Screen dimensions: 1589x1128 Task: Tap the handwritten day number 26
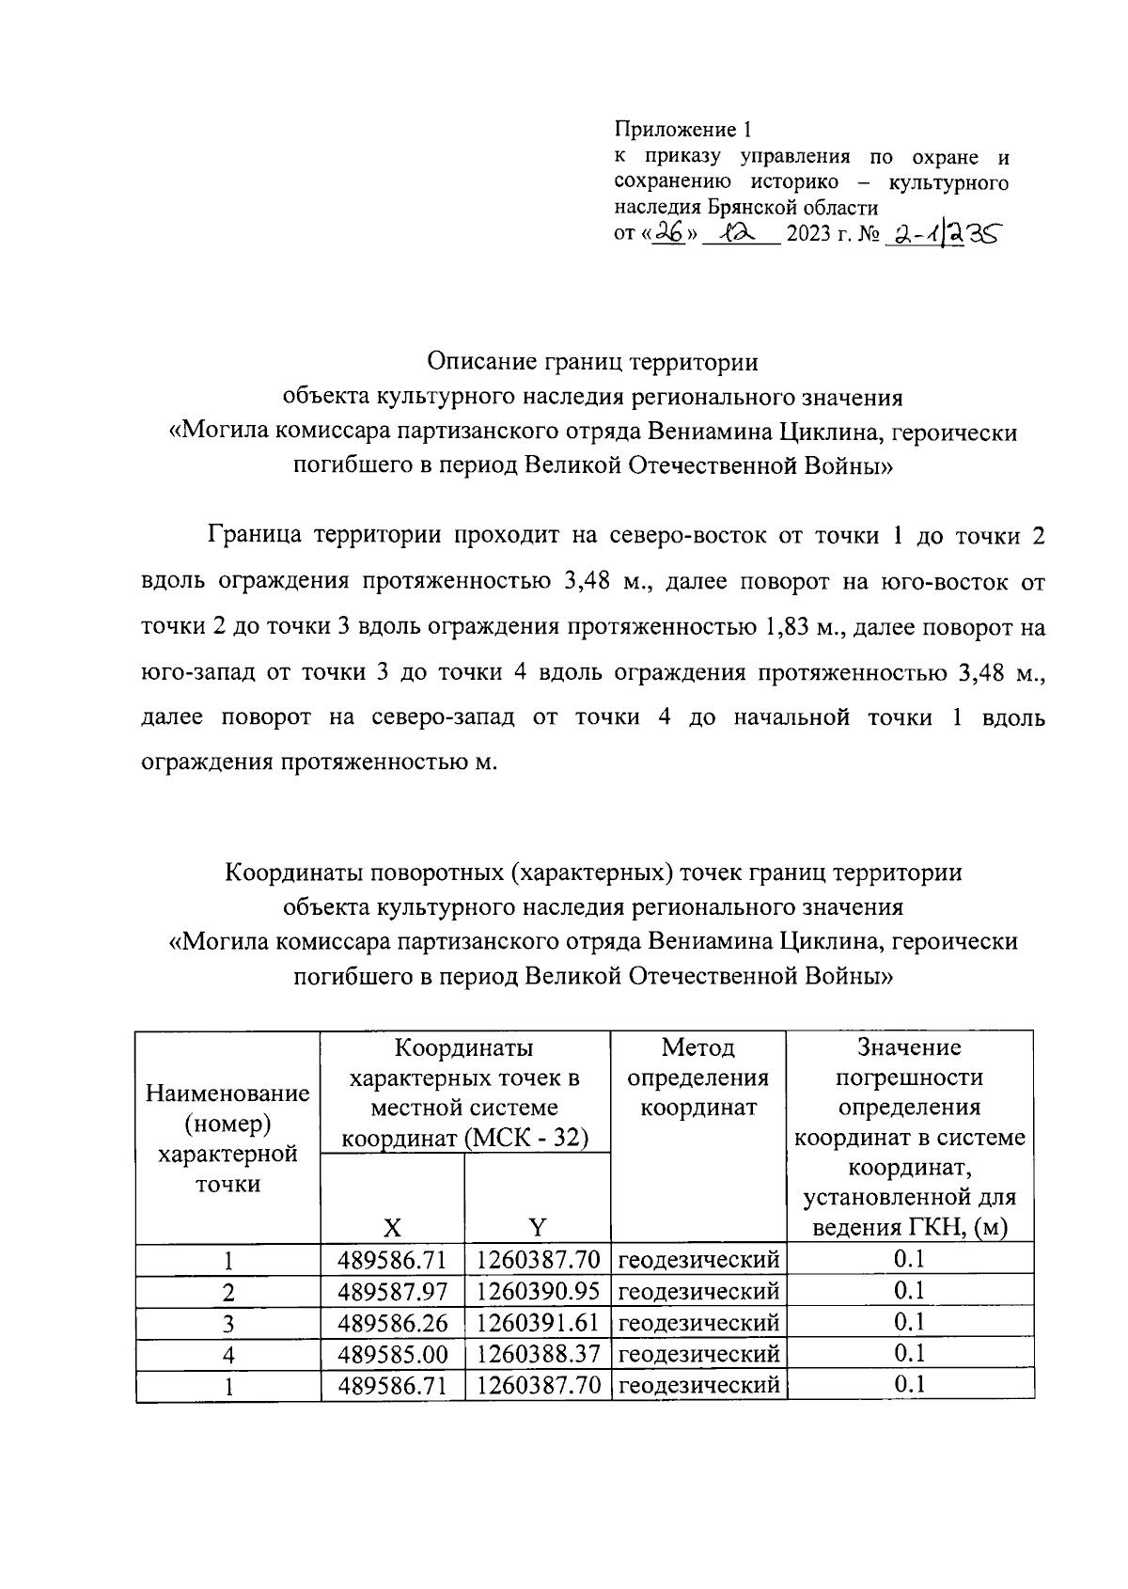[667, 232]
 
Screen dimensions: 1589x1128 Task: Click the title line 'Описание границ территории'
[592, 362]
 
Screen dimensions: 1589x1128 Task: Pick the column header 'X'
[392, 1226]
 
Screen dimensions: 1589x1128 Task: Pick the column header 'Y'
[537, 1226]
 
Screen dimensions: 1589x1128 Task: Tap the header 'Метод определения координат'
[697, 1077]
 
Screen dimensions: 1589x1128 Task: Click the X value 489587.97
[393, 1291]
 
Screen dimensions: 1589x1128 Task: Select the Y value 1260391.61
[538, 1323]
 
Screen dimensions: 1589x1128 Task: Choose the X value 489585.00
[393, 1354]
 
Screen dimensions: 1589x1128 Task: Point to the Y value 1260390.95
[538, 1291]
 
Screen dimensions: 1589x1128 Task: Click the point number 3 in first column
[228, 1324]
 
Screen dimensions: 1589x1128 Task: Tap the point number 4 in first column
[228, 1355]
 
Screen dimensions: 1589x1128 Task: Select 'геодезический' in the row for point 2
[698, 1291]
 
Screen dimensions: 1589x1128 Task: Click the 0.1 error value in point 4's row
[909, 1353]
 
